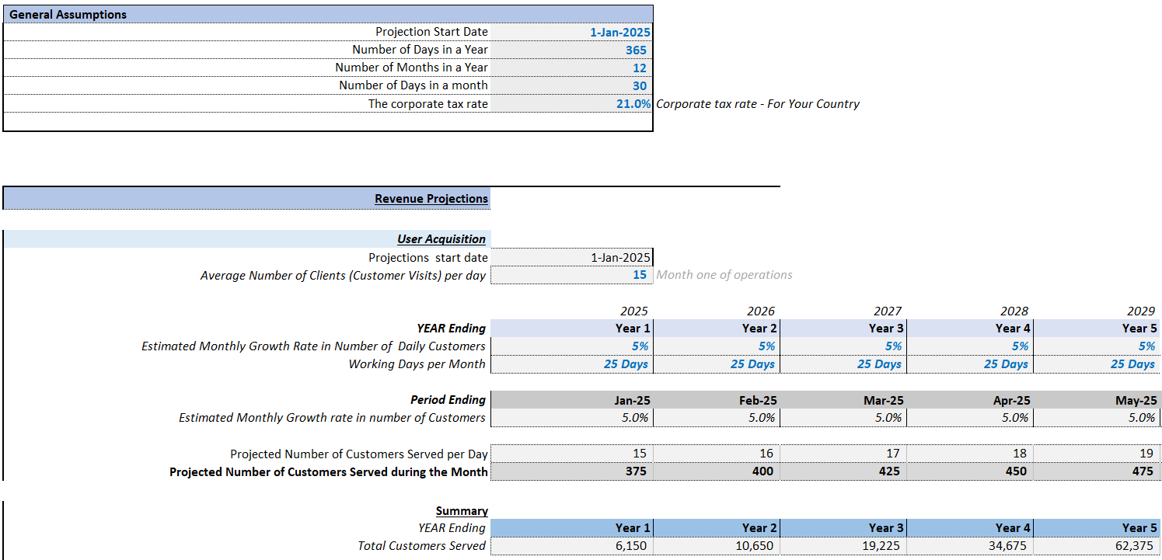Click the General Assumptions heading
coord(68,14)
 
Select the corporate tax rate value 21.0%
coord(633,104)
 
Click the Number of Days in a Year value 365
coord(636,50)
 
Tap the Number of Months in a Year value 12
coord(639,68)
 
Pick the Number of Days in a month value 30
coord(639,85)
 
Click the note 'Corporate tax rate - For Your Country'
coord(758,104)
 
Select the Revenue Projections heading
coord(431,199)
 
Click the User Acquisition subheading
coord(441,239)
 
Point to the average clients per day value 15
coord(639,275)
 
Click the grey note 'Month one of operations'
coord(724,275)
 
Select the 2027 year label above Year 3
coord(888,311)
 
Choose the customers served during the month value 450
coord(1016,471)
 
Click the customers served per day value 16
coord(766,454)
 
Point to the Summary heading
coord(462,511)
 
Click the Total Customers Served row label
coord(422,546)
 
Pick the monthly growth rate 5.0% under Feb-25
coord(762,418)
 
